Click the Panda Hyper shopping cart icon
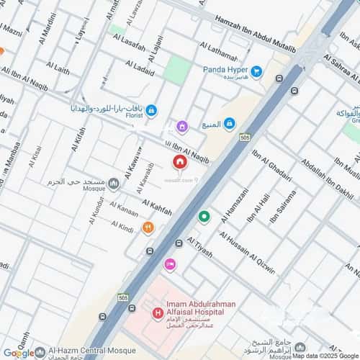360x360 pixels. click(256, 73)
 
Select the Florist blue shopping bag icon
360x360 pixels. click(151, 111)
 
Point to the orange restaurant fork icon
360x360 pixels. click(147, 228)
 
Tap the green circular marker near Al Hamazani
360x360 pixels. click(204, 216)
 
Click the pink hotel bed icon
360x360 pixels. click(170, 265)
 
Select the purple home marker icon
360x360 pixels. click(181, 127)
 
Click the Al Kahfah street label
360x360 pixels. click(156, 207)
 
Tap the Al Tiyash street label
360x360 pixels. click(200, 249)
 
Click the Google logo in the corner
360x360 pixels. click(19, 352)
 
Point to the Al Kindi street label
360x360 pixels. click(122, 227)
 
